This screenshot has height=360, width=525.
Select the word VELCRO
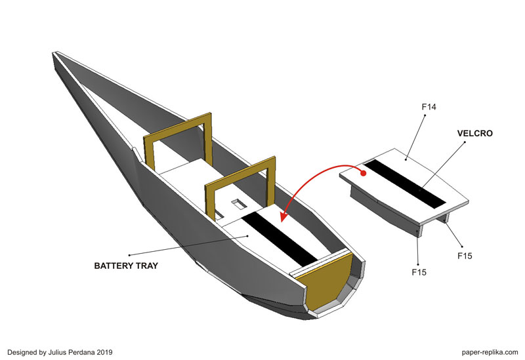tap(474, 133)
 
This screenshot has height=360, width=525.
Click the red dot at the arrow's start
tap(362, 172)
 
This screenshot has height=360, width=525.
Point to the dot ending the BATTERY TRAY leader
tap(129, 254)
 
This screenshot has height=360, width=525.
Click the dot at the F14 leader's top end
tap(426, 116)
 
